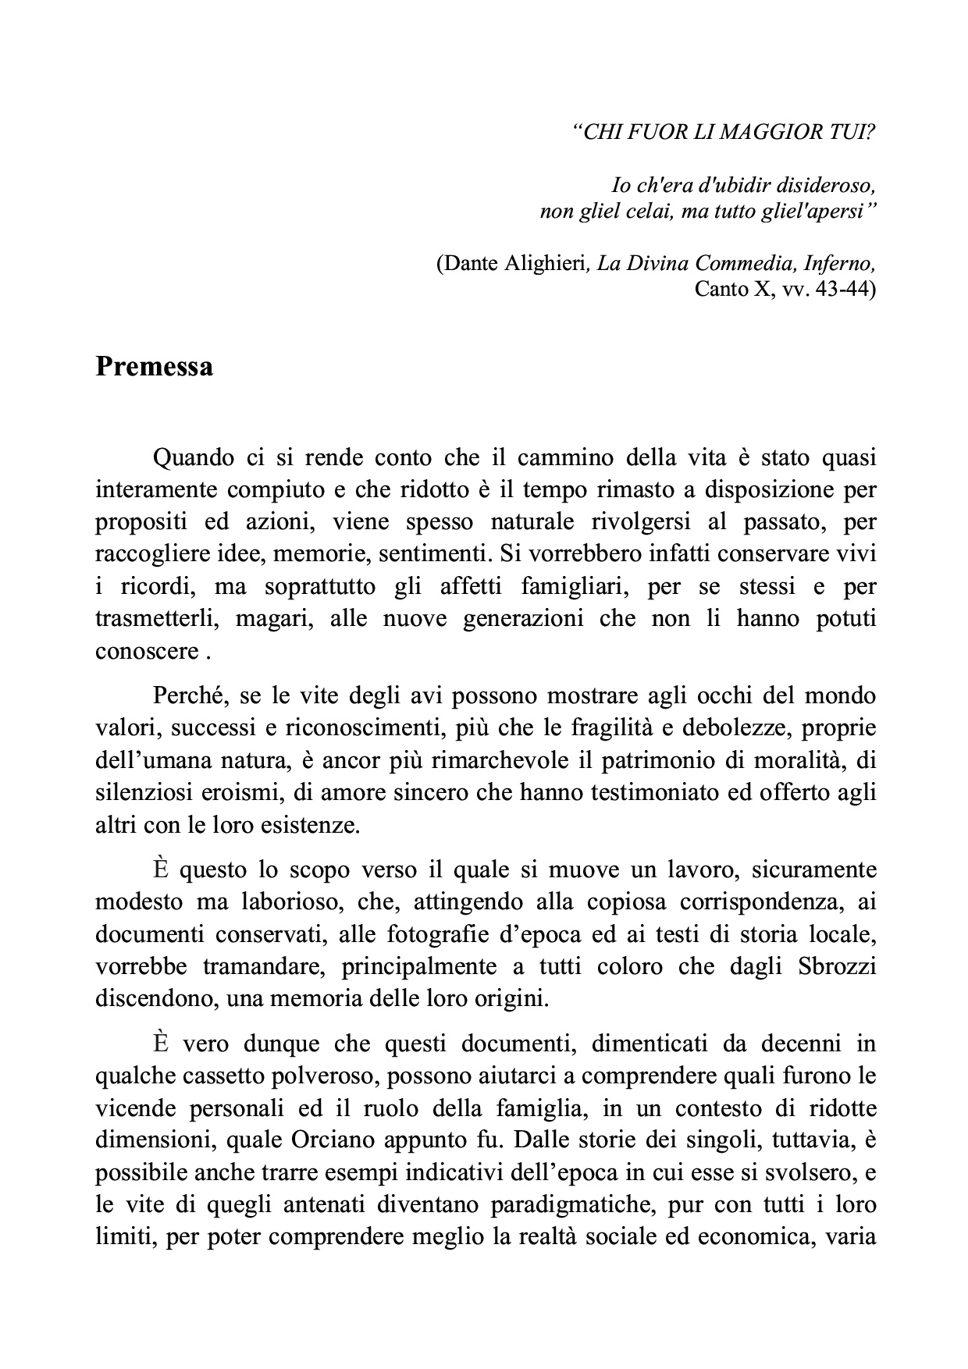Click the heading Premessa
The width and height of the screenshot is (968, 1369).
[x=154, y=366]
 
